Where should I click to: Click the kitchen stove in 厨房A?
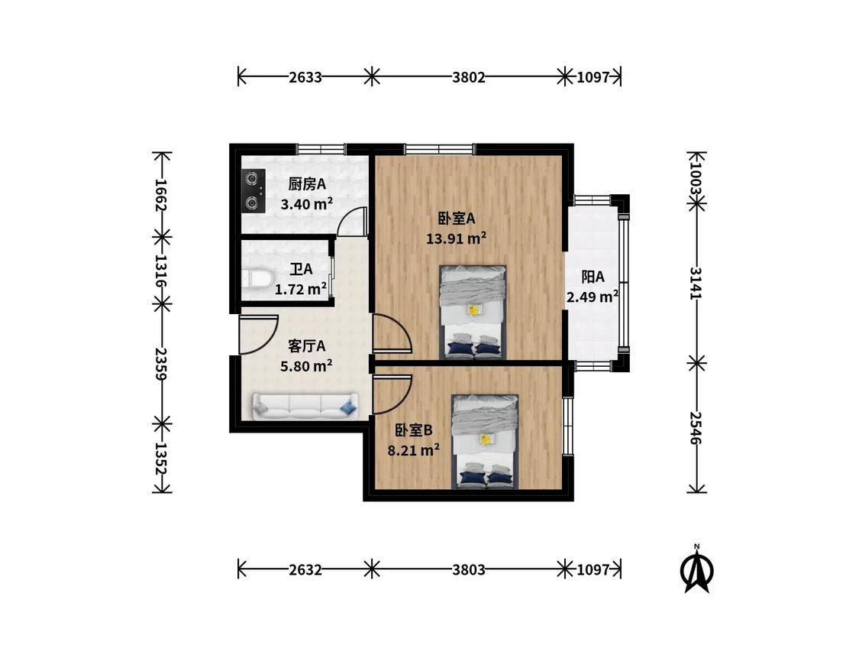[x=254, y=191]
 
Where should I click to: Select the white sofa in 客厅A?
[x=305, y=407]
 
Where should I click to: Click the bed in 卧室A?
[x=473, y=313]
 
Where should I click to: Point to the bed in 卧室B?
[x=485, y=442]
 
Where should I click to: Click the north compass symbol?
[x=697, y=569]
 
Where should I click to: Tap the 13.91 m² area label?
[x=457, y=238]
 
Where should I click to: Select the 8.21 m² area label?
[x=414, y=451]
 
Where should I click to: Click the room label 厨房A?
[x=307, y=184]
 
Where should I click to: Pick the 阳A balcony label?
[x=593, y=277]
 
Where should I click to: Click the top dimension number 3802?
[x=469, y=77]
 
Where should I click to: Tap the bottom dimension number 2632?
[x=305, y=570]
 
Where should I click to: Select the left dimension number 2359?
[x=161, y=364]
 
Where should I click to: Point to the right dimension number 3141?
[x=696, y=283]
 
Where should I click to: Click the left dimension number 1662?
[x=161, y=195]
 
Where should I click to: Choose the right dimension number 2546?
[x=696, y=428]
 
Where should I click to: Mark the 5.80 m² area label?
[x=306, y=366]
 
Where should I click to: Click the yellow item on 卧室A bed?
[x=474, y=310]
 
